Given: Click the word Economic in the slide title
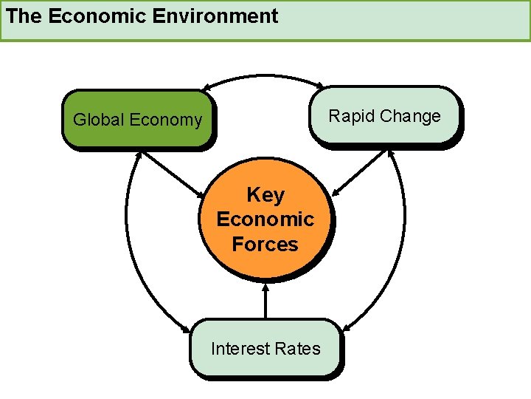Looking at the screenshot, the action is click(x=90, y=16).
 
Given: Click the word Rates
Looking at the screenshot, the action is click(x=299, y=349).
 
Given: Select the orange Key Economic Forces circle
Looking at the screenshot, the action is click(x=265, y=219).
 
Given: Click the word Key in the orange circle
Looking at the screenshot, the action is click(x=265, y=195).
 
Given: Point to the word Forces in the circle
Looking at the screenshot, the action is click(x=265, y=244).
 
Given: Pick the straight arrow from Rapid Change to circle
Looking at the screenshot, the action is click(x=360, y=174).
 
